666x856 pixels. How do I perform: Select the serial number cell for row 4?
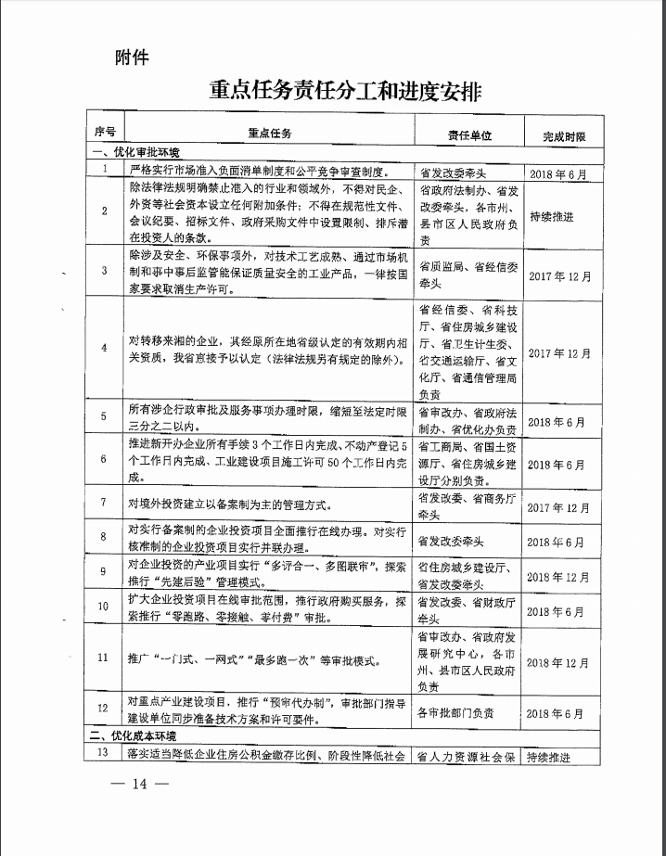tap(105, 348)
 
